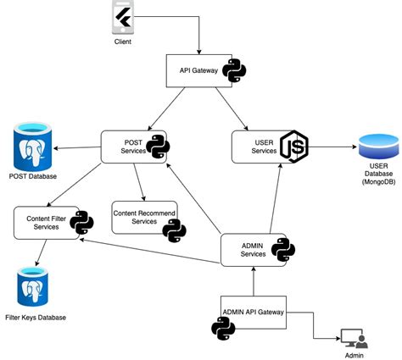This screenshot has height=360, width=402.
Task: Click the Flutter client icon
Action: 124,18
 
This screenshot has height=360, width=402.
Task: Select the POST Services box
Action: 127,146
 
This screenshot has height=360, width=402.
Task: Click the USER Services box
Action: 258,146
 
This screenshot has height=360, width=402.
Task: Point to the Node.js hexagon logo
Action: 293,147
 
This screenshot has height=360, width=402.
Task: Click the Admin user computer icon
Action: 354,338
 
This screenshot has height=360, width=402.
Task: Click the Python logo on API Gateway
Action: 234,71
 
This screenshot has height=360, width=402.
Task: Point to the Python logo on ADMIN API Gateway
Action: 223,328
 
